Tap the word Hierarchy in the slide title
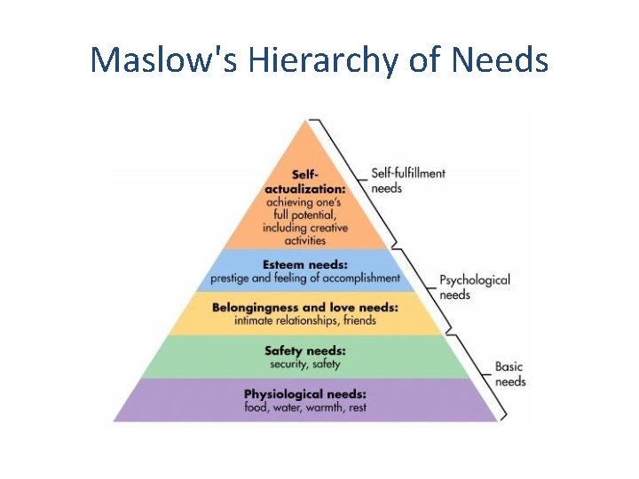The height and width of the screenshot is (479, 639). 312,60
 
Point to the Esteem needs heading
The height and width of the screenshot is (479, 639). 305,263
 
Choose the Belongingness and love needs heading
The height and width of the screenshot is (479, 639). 304,307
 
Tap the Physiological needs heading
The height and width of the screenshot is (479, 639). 304,393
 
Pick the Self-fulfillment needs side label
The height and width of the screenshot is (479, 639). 407,180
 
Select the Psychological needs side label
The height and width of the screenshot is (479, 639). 475,287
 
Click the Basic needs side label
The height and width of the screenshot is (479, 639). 509,373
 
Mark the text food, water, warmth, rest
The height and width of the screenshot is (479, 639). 305,407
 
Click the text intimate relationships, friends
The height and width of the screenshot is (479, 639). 304,320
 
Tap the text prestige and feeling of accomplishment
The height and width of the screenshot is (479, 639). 305,278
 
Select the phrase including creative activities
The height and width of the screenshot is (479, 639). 305,234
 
